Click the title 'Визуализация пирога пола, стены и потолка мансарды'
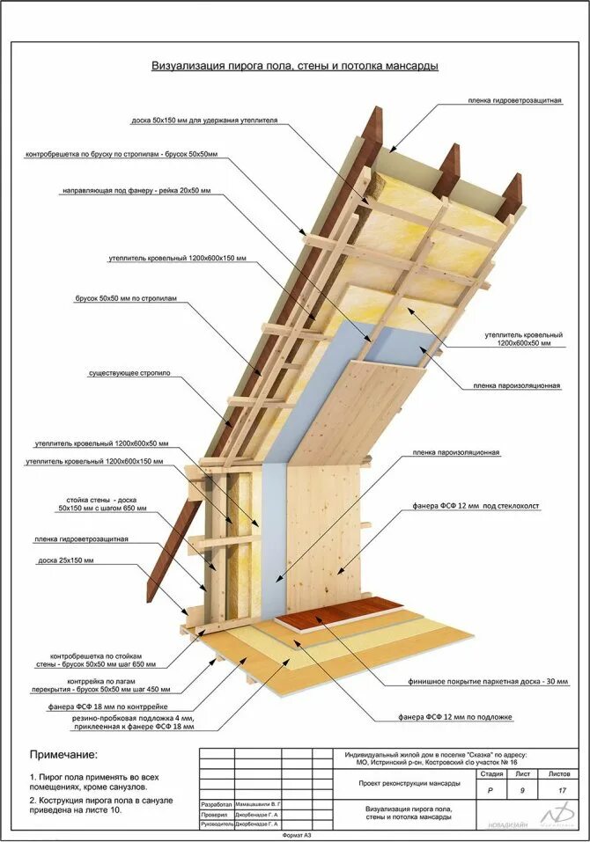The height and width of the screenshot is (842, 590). click(x=294, y=66)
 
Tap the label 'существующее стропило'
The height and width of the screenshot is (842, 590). click(x=129, y=374)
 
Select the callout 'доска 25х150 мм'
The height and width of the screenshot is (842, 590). click(x=65, y=560)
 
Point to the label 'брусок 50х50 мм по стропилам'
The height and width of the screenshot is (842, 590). click(x=126, y=299)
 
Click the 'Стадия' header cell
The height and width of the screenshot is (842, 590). click(x=492, y=774)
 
